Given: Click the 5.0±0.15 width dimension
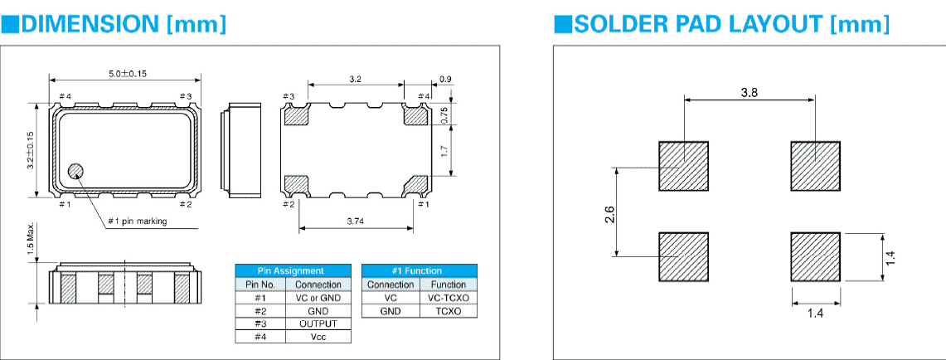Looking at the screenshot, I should point(126,73).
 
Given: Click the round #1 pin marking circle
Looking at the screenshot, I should point(75,172).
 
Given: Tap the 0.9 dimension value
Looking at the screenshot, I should point(445,79).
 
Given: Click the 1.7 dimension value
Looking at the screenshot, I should point(444,151).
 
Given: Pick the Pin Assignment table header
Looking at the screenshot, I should point(294,270).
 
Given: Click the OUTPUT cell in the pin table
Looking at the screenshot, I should point(318,324).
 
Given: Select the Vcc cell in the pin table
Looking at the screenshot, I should point(318,337).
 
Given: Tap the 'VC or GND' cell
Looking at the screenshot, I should point(318,297).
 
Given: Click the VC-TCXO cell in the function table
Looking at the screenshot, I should point(449,297).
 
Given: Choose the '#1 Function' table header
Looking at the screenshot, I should point(420,270).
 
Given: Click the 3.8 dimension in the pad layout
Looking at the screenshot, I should point(749,93).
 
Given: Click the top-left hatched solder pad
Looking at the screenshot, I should point(684,166).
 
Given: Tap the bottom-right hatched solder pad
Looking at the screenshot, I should point(816,257).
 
